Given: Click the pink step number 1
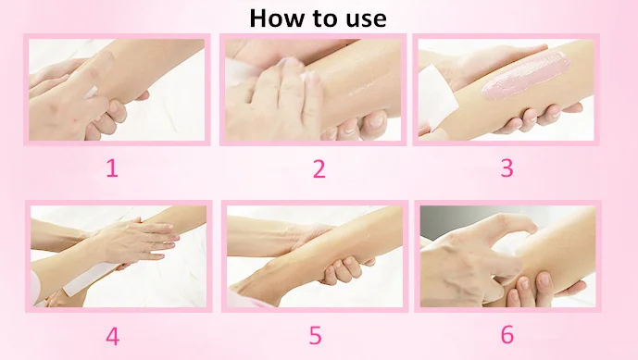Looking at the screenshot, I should click(111, 168).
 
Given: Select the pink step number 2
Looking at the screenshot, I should click(319, 168).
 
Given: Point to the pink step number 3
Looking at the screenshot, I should click(507, 168).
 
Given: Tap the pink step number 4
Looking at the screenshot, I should click(111, 335).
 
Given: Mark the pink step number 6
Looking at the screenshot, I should click(507, 335).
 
